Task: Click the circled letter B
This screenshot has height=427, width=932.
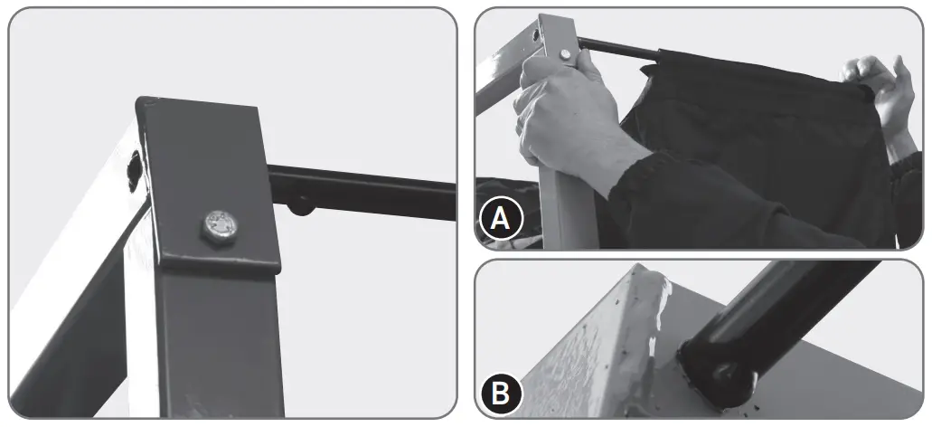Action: (500, 395)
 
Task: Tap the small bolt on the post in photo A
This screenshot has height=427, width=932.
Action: (565, 55)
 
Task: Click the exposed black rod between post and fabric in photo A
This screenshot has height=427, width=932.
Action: (619, 50)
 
